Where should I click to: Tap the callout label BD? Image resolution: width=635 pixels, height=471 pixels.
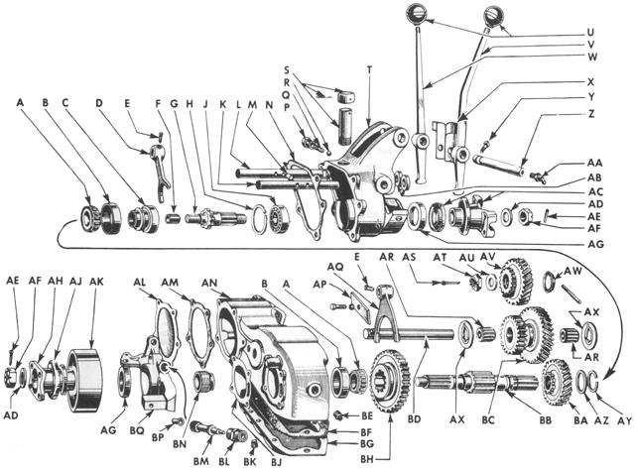(x=415, y=419)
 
